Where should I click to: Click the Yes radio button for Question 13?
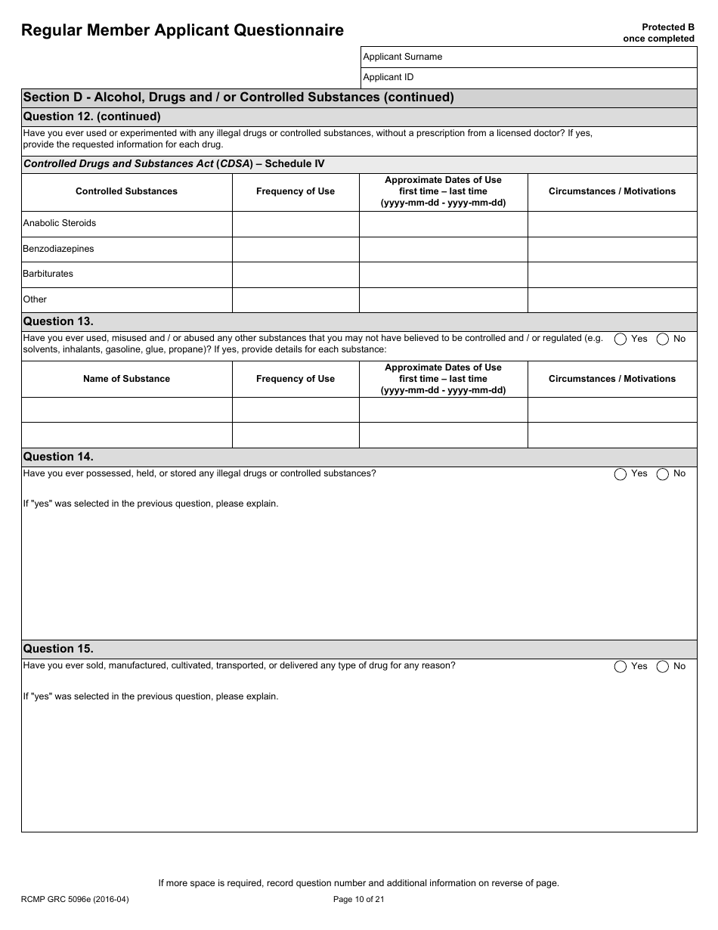(x=621, y=339)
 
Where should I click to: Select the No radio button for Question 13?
(x=663, y=339)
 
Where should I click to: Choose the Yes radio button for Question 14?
(x=621, y=474)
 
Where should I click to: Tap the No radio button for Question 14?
(x=663, y=474)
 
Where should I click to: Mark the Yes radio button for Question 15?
(x=621, y=667)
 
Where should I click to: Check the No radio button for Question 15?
(x=663, y=667)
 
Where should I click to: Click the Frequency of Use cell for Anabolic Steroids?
(x=295, y=224)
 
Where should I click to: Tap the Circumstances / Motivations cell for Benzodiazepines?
(x=611, y=249)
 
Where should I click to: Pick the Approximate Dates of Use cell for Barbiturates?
(x=443, y=274)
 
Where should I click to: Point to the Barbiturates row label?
(x=48, y=274)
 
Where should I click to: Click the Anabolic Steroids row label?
(x=60, y=223)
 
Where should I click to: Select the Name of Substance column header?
(x=126, y=379)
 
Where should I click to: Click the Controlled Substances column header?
(x=126, y=191)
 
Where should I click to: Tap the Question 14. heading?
(x=59, y=457)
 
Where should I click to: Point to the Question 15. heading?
(x=59, y=649)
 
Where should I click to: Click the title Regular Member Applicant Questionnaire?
(x=182, y=30)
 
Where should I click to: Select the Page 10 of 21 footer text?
(x=359, y=899)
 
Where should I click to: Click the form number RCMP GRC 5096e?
(x=70, y=899)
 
